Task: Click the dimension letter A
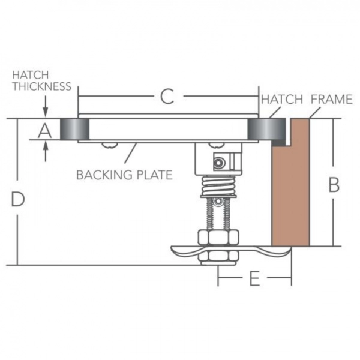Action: pos(44,130)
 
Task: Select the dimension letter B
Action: pos(334,185)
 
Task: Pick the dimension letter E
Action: pos(254,279)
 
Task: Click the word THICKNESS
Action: pos(42,86)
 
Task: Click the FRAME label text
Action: pos(331,100)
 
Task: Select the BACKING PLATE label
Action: pos(124,175)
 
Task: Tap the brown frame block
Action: pos(291,186)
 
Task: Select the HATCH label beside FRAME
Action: pos(281,100)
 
